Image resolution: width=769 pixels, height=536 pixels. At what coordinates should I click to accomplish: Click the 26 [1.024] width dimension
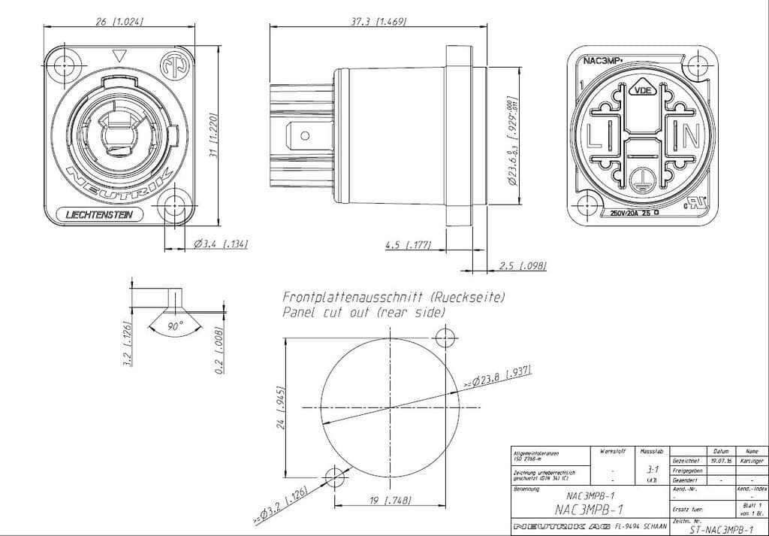click(x=119, y=22)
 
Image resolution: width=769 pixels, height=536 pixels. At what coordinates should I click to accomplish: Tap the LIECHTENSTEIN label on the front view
click(x=99, y=215)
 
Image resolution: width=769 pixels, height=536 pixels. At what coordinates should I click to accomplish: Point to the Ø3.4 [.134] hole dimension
click(x=220, y=244)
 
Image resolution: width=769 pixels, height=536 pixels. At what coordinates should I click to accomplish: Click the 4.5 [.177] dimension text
click(x=408, y=244)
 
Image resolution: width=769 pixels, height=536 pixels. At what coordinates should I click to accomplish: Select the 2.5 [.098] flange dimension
click(x=522, y=265)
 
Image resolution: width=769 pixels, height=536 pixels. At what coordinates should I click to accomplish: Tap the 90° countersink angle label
click(x=175, y=326)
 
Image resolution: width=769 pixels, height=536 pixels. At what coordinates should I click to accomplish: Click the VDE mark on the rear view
click(x=644, y=90)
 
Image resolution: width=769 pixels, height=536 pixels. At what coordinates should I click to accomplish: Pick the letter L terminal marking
click(x=593, y=136)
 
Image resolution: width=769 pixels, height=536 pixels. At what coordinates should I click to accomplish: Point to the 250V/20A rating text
click(x=629, y=213)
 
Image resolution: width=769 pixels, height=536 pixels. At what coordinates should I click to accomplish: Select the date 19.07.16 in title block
click(x=721, y=460)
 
